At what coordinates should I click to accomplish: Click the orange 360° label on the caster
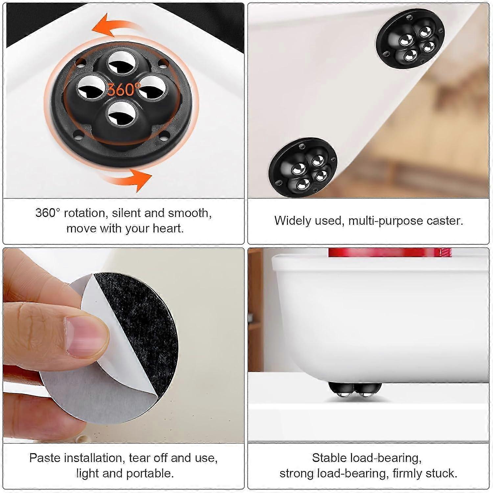click(x=123, y=89)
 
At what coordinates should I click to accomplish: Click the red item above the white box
click(x=390, y=252)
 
